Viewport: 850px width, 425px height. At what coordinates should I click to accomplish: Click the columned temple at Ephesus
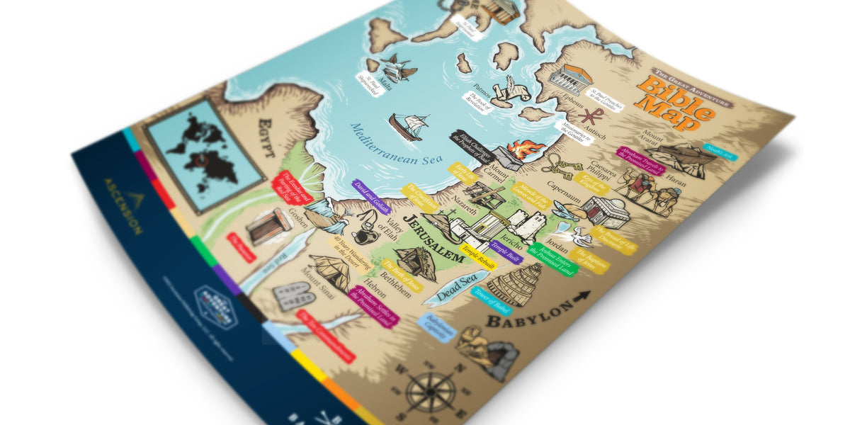[x=569, y=79]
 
